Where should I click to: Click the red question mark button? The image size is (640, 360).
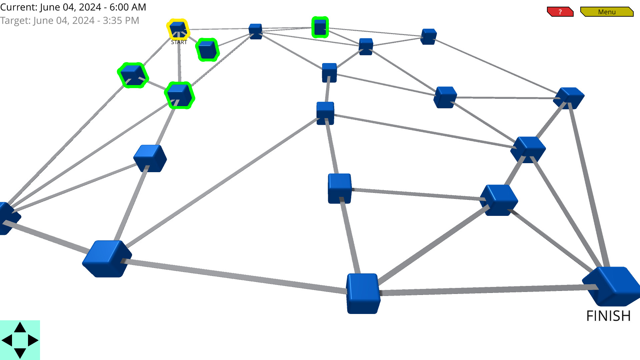[560, 12]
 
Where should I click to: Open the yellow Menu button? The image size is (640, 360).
[606, 12]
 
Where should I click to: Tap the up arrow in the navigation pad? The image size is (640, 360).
[20, 328]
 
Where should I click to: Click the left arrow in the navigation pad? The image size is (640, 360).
[7, 340]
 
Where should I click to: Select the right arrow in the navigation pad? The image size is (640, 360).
[33, 340]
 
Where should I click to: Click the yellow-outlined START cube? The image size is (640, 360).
[178, 29]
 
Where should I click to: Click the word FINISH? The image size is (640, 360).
[608, 316]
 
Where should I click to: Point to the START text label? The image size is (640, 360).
[179, 42]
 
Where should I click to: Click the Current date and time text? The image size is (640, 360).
[73, 7]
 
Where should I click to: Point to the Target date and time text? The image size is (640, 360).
[69, 21]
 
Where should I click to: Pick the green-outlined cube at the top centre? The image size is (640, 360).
[320, 27]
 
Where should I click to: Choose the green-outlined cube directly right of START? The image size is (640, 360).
[207, 50]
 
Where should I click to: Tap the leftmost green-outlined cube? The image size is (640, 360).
[132, 75]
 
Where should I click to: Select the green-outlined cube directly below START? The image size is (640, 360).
[179, 95]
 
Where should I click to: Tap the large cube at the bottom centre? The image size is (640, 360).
[363, 293]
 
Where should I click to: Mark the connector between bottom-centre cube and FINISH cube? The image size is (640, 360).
[487, 290]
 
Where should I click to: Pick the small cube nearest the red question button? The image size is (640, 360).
[429, 36]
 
